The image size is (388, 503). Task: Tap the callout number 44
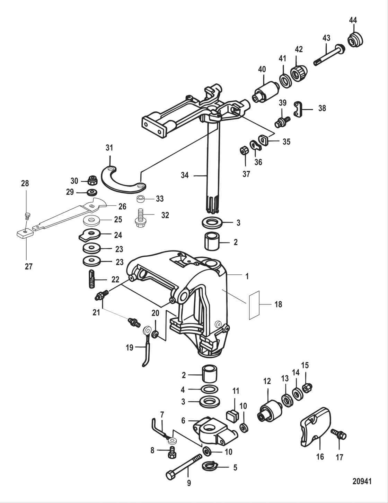(353, 20)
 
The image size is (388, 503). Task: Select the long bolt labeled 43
(329, 55)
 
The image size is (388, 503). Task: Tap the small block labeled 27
(25, 234)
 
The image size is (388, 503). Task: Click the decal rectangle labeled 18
(254, 304)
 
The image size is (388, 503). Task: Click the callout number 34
(185, 175)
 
